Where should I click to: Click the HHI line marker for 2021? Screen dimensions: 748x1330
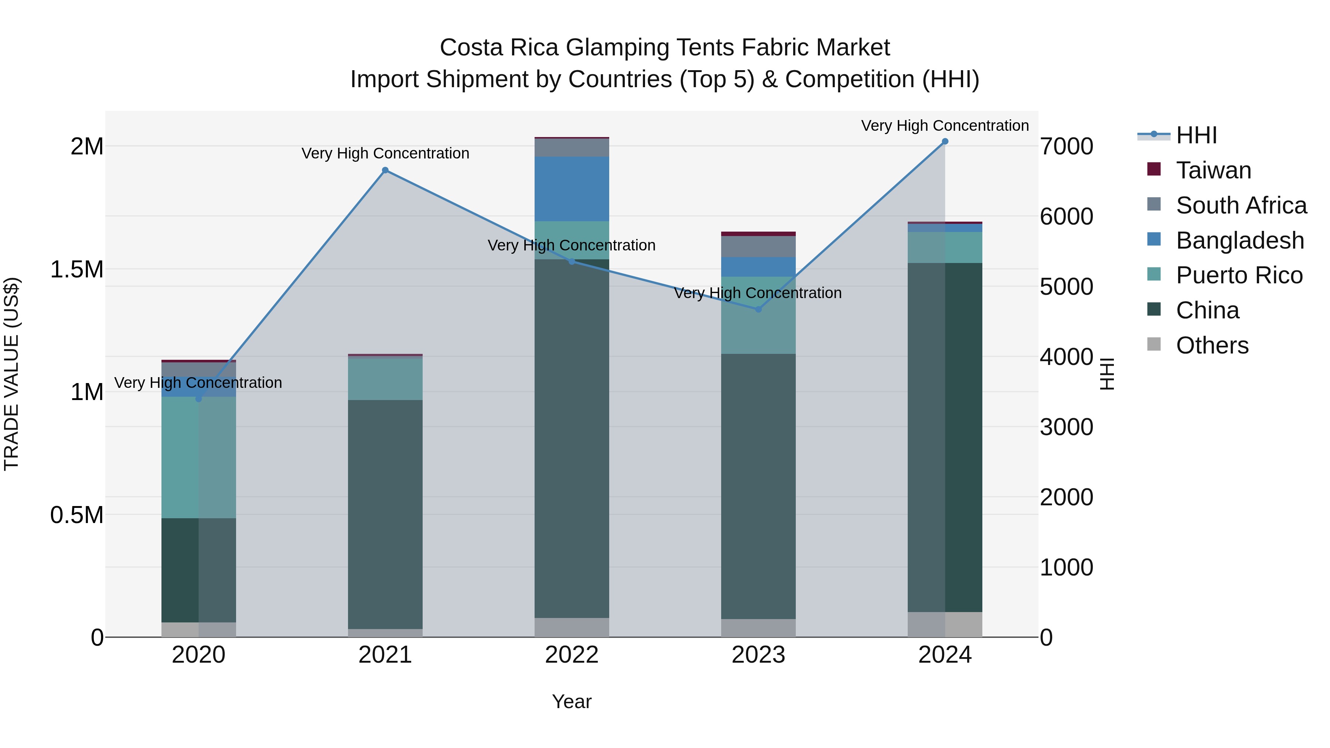(x=385, y=170)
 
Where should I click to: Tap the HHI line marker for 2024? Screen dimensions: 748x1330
(x=945, y=141)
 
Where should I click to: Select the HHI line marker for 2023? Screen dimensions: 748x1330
(x=758, y=309)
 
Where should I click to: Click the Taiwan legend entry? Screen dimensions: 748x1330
(x=1213, y=170)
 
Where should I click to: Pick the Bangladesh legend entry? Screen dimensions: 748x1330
(x=1239, y=240)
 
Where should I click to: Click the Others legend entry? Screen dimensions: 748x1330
(x=1212, y=345)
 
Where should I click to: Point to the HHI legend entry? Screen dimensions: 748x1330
(x=1196, y=135)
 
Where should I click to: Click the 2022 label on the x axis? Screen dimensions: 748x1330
(x=572, y=655)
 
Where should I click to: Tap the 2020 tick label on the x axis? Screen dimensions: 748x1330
(x=198, y=655)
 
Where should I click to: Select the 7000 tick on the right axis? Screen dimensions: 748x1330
(x=1066, y=147)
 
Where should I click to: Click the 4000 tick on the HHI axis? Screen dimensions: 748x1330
(x=1066, y=357)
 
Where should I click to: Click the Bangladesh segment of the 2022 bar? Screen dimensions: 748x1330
(x=572, y=189)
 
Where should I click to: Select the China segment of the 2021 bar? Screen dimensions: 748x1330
(x=385, y=514)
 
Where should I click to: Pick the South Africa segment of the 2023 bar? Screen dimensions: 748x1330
(x=758, y=246)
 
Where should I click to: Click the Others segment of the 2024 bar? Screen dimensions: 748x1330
(x=945, y=624)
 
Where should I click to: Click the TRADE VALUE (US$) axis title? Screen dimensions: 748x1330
(x=11, y=374)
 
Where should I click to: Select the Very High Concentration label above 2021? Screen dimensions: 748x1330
(x=385, y=153)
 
